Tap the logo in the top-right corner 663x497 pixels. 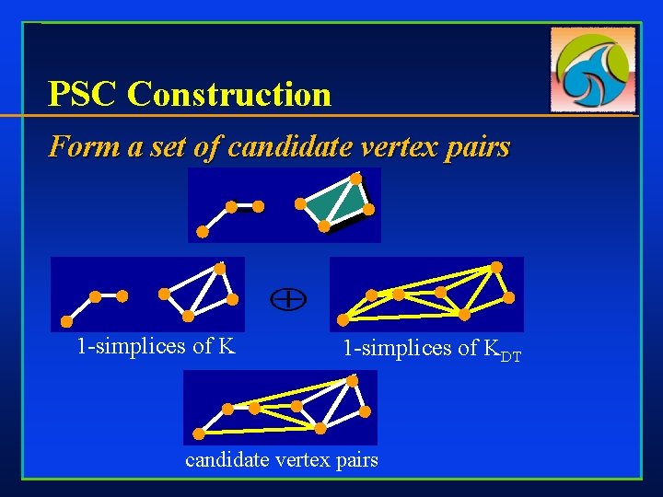[594, 69]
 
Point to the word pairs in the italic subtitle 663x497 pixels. [475, 146]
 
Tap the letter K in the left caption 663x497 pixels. [227, 346]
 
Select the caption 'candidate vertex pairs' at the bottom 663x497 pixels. [282, 459]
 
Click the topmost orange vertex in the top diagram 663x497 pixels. [355, 178]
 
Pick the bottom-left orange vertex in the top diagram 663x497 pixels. [203, 232]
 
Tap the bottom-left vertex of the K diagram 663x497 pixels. [66, 321]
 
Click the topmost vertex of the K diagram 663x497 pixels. [219, 268]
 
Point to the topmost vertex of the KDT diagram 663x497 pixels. [496, 267]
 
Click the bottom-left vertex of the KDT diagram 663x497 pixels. [343, 320]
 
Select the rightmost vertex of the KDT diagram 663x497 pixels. [509, 298]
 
